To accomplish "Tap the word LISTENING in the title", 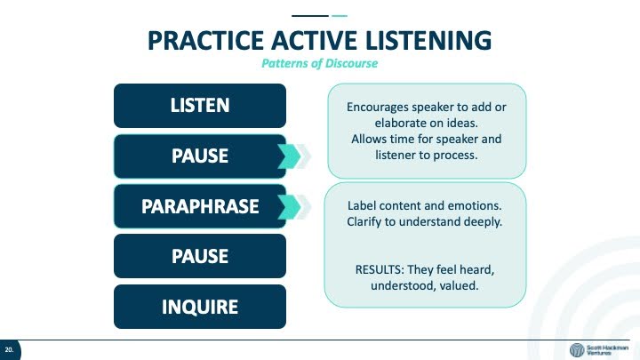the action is [x=428, y=40].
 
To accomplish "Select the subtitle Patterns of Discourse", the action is [x=320, y=63].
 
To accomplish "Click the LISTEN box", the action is [x=200, y=106].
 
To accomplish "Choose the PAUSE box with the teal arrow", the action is [x=200, y=156].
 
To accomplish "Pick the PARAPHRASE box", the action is [x=200, y=206].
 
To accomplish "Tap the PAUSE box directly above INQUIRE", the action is [x=200, y=256].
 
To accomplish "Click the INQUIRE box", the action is [x=200, y=307].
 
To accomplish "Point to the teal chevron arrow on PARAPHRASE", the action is [x=291, y=207].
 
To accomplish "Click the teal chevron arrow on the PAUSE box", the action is [x=291, y=156].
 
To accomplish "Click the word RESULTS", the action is [x=380, y=270].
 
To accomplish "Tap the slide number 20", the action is [x=9, y=350].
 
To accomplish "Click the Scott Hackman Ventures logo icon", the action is [x=577, y=350].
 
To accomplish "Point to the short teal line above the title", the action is [x=340, y=16].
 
